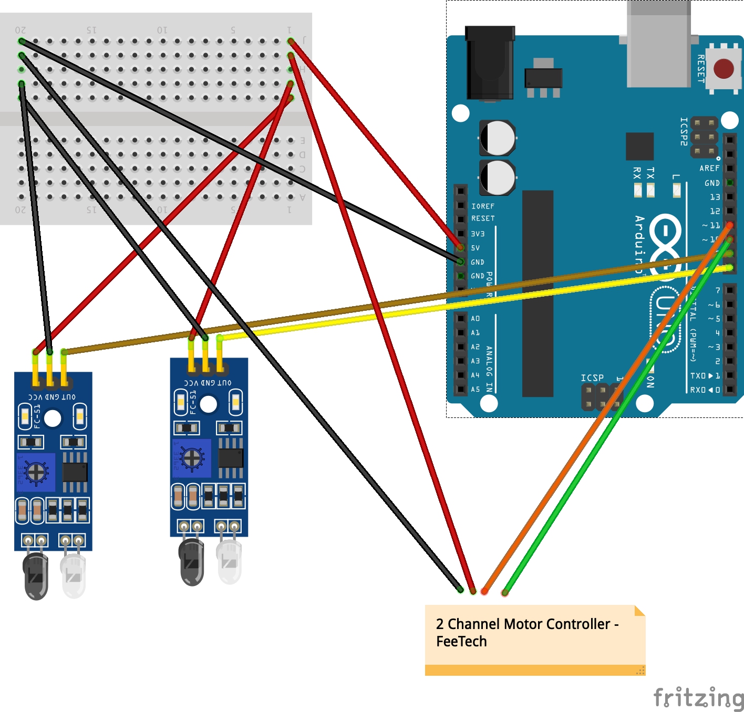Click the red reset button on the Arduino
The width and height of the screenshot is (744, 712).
pos(724,68)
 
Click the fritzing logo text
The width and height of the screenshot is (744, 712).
pos(698,698)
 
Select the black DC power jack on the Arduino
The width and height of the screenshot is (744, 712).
pos(490,63)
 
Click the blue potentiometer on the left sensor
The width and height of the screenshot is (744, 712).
pos(36,472)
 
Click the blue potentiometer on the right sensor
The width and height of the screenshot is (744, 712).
pos(192,458)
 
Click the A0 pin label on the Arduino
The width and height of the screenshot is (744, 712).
pos(475,319)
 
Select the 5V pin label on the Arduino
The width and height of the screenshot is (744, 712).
pos(475,248)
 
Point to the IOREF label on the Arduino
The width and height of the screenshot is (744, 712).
pos(482,206)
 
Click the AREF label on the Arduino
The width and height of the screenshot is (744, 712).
pos(709,169)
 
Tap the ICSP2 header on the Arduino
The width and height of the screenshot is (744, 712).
pos(704,137)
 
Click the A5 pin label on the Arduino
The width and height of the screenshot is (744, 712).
pos(475,390)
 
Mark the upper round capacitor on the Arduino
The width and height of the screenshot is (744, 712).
pos(498,138)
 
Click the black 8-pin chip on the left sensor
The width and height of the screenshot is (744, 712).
pos(75,472)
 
